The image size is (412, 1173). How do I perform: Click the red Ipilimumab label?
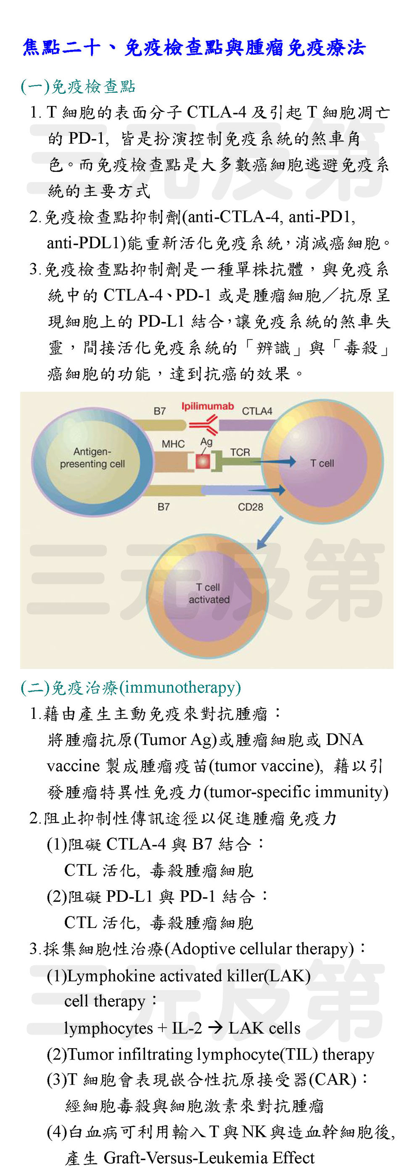(208, 406)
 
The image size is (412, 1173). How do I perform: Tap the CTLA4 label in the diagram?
(257, 411)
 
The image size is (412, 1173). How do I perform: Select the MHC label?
(173, 444)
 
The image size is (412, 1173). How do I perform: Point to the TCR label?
(240, 452)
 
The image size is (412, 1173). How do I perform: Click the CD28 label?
(251, 507)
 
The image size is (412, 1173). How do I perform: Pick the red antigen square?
(203, 461)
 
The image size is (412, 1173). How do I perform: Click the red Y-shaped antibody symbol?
(203, 426)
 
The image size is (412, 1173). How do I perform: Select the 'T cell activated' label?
(209, 593)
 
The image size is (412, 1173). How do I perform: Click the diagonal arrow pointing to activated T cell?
(269, 532)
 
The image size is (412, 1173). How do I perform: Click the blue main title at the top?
(194, 48)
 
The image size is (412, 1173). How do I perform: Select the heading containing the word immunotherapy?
(131, 687)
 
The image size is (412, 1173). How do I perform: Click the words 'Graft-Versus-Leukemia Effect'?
(209, 1158)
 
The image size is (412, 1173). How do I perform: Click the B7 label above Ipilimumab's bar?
(159, 411)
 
